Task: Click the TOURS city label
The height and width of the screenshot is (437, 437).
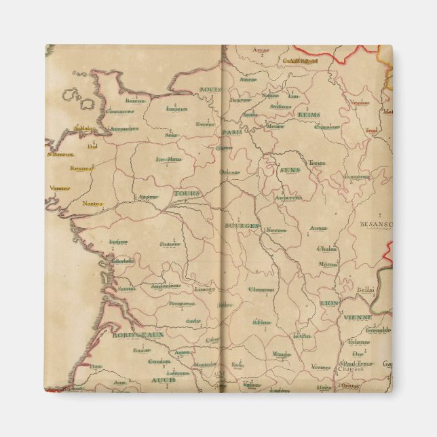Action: pos(187,194)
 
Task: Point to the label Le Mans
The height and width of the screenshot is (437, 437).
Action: pos(169,160)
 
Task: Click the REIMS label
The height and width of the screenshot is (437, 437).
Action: pos(309,115)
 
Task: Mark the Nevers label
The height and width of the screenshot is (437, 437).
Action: pos(275,230)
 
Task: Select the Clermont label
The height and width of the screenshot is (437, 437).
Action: pos(261,290)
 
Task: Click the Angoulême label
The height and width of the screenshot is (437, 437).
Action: pos(166,286)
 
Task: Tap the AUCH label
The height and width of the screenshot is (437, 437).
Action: pos(163,381)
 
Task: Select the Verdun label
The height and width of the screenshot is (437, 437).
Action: pos(360,102)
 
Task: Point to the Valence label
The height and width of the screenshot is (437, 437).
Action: pos(359,343)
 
